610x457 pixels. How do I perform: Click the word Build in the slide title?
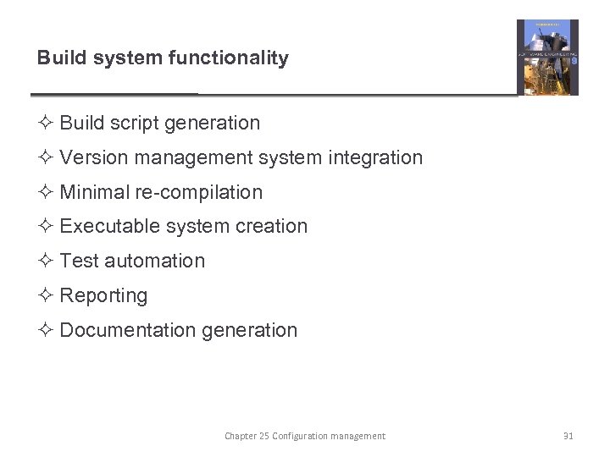point(57,58)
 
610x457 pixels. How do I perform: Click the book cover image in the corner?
point(547,58)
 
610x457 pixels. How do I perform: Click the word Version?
point(91,157)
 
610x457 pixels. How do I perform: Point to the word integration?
point(379,157)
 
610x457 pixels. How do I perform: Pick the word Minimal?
point(94,192)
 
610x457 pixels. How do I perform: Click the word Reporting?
point(103,296)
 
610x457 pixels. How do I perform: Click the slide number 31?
point(568,437)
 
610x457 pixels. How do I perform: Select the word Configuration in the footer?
point(300,437)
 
